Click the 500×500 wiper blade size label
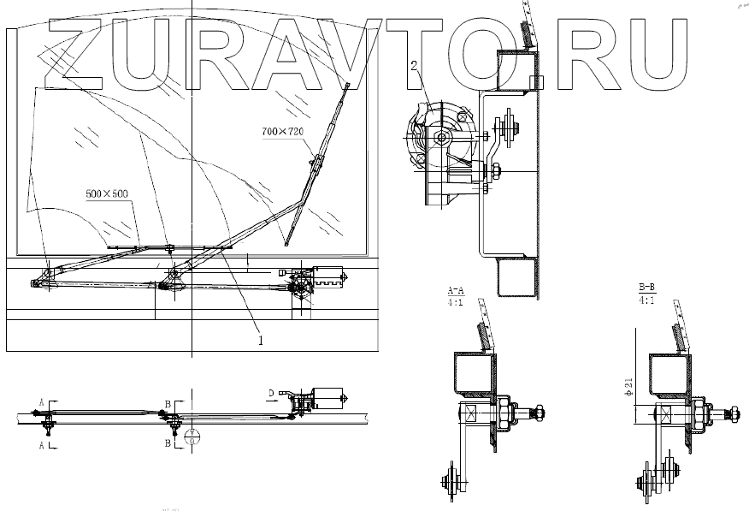pyautogui.click(x=107, y=193)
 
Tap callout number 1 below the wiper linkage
pyautogui.click(x=261, y=340)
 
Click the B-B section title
pyautogui.click(x=646, y=287)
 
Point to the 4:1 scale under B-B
pyautogui.click(x=646, y=300)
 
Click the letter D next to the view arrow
pyautogui.click(x=271, y=393)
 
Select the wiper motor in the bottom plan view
pyautogui.click(x=326, y=397)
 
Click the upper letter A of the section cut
pyautogui.click(x=41, y=401)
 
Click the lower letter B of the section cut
pyautogui.click(x=168, y=443)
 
